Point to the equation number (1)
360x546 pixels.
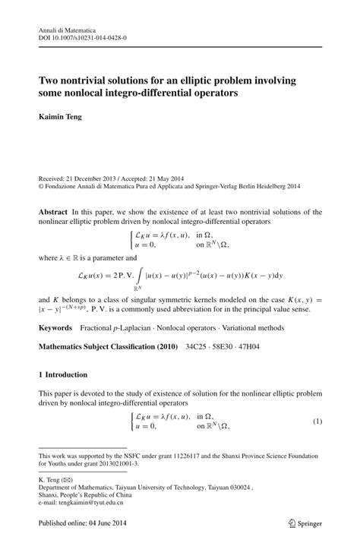317,421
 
